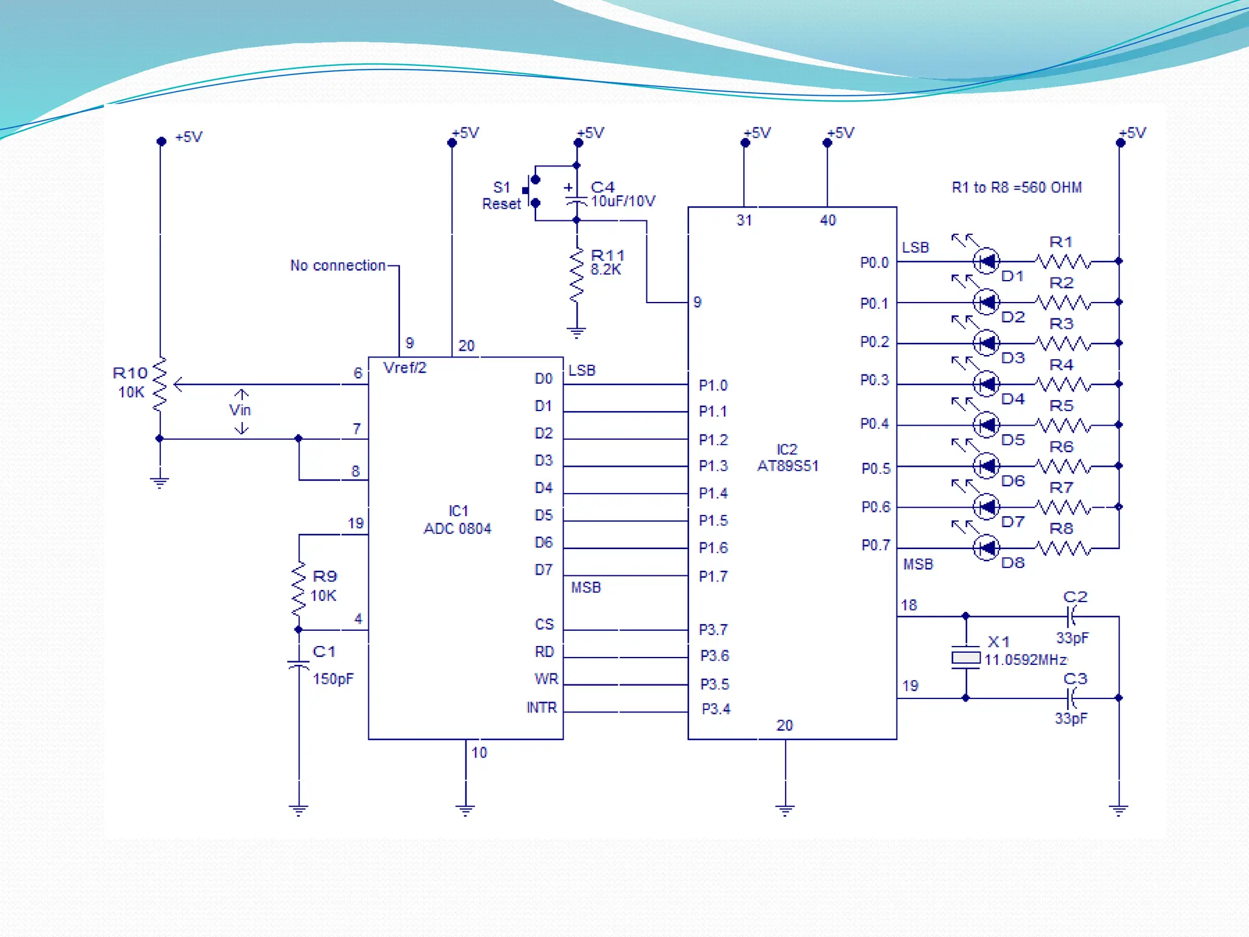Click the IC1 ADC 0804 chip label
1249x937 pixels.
point(457,520)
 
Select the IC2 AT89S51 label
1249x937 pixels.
point(787,458)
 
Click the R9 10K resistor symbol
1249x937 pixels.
point(298,589)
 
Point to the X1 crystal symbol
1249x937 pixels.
point(965,658)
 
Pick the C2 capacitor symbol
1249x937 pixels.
point(1071,616)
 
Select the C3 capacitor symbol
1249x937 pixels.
point(1071,698)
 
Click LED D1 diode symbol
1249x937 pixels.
point(986,262)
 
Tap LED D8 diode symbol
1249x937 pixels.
point(986,548)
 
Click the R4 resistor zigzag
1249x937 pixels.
point(1063,384)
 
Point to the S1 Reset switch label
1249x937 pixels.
point(501,195)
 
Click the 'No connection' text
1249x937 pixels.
point(338,265)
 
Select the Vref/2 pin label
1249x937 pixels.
point(404,368)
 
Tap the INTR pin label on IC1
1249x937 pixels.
point(542,708)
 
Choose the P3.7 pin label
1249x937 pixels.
point(713,630)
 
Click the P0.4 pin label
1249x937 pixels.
point(874,424)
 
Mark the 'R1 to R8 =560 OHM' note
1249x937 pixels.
point(1017,187)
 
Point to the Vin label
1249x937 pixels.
point(240,410)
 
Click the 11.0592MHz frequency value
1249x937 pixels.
point(1025,660)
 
